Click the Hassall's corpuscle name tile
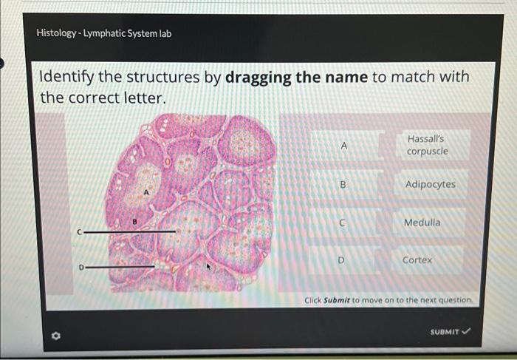click(427, 146)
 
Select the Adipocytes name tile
click(430, 184)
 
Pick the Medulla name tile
click(422, 223)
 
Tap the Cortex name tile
click(417, 260)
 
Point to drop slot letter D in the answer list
click(341, 260)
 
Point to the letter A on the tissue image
click(146, 191)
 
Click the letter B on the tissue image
click(135, 220)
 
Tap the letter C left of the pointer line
click(78, 231)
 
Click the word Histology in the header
click(58, 33)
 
